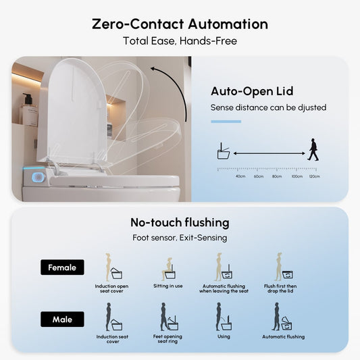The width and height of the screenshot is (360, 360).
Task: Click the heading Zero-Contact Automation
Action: tap(180, 24)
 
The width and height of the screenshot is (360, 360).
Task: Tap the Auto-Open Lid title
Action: tap(252, 91)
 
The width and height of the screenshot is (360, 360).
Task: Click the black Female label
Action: tap(62, 267)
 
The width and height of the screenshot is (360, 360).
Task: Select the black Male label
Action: tap(62, 319)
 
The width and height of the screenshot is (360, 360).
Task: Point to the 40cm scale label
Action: tap(240, 176)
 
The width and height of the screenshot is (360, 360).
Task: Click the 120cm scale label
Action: tap(314, 176)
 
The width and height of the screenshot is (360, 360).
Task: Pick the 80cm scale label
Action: tap(277, 176)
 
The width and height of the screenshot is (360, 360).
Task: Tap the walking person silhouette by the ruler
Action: tap(313, 149)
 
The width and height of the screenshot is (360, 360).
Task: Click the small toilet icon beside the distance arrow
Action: tap(224, 151)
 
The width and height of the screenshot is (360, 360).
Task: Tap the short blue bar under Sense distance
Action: tap(226, 122)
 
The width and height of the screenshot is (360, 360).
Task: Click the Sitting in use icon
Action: tap(168, 269)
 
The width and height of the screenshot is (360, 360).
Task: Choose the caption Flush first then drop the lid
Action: tap(280, 288)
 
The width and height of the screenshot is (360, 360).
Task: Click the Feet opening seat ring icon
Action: tap(169, 317)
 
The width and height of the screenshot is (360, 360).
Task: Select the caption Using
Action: tap(224, 336)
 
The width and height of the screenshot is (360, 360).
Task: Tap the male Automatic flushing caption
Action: tap(283, 337)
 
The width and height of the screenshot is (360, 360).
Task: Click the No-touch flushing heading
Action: tap(180, 222)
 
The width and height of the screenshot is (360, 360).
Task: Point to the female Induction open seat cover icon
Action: tap(113, 267)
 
